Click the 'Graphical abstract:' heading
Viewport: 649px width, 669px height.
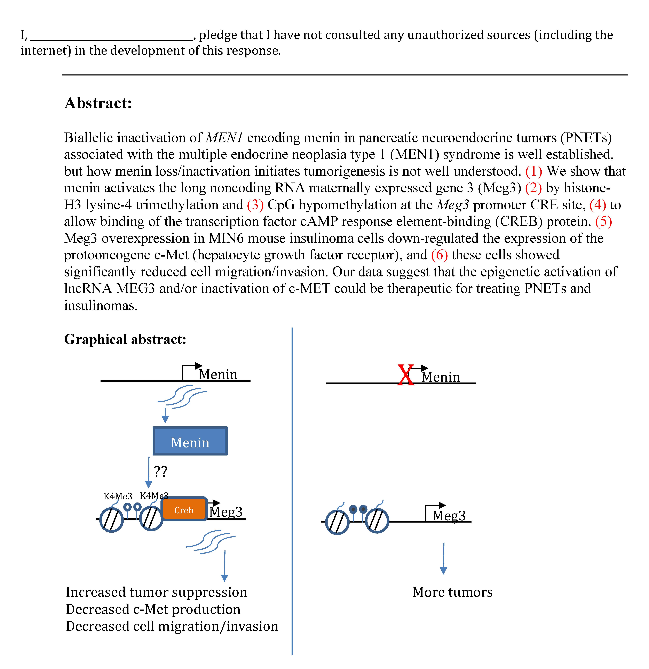point(125,339)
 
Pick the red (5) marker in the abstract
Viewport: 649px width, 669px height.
point(603,221)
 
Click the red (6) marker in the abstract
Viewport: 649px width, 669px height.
point(439,255)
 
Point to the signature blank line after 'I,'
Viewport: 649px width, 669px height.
point(112,38)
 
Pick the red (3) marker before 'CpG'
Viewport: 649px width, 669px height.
point(255,205)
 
